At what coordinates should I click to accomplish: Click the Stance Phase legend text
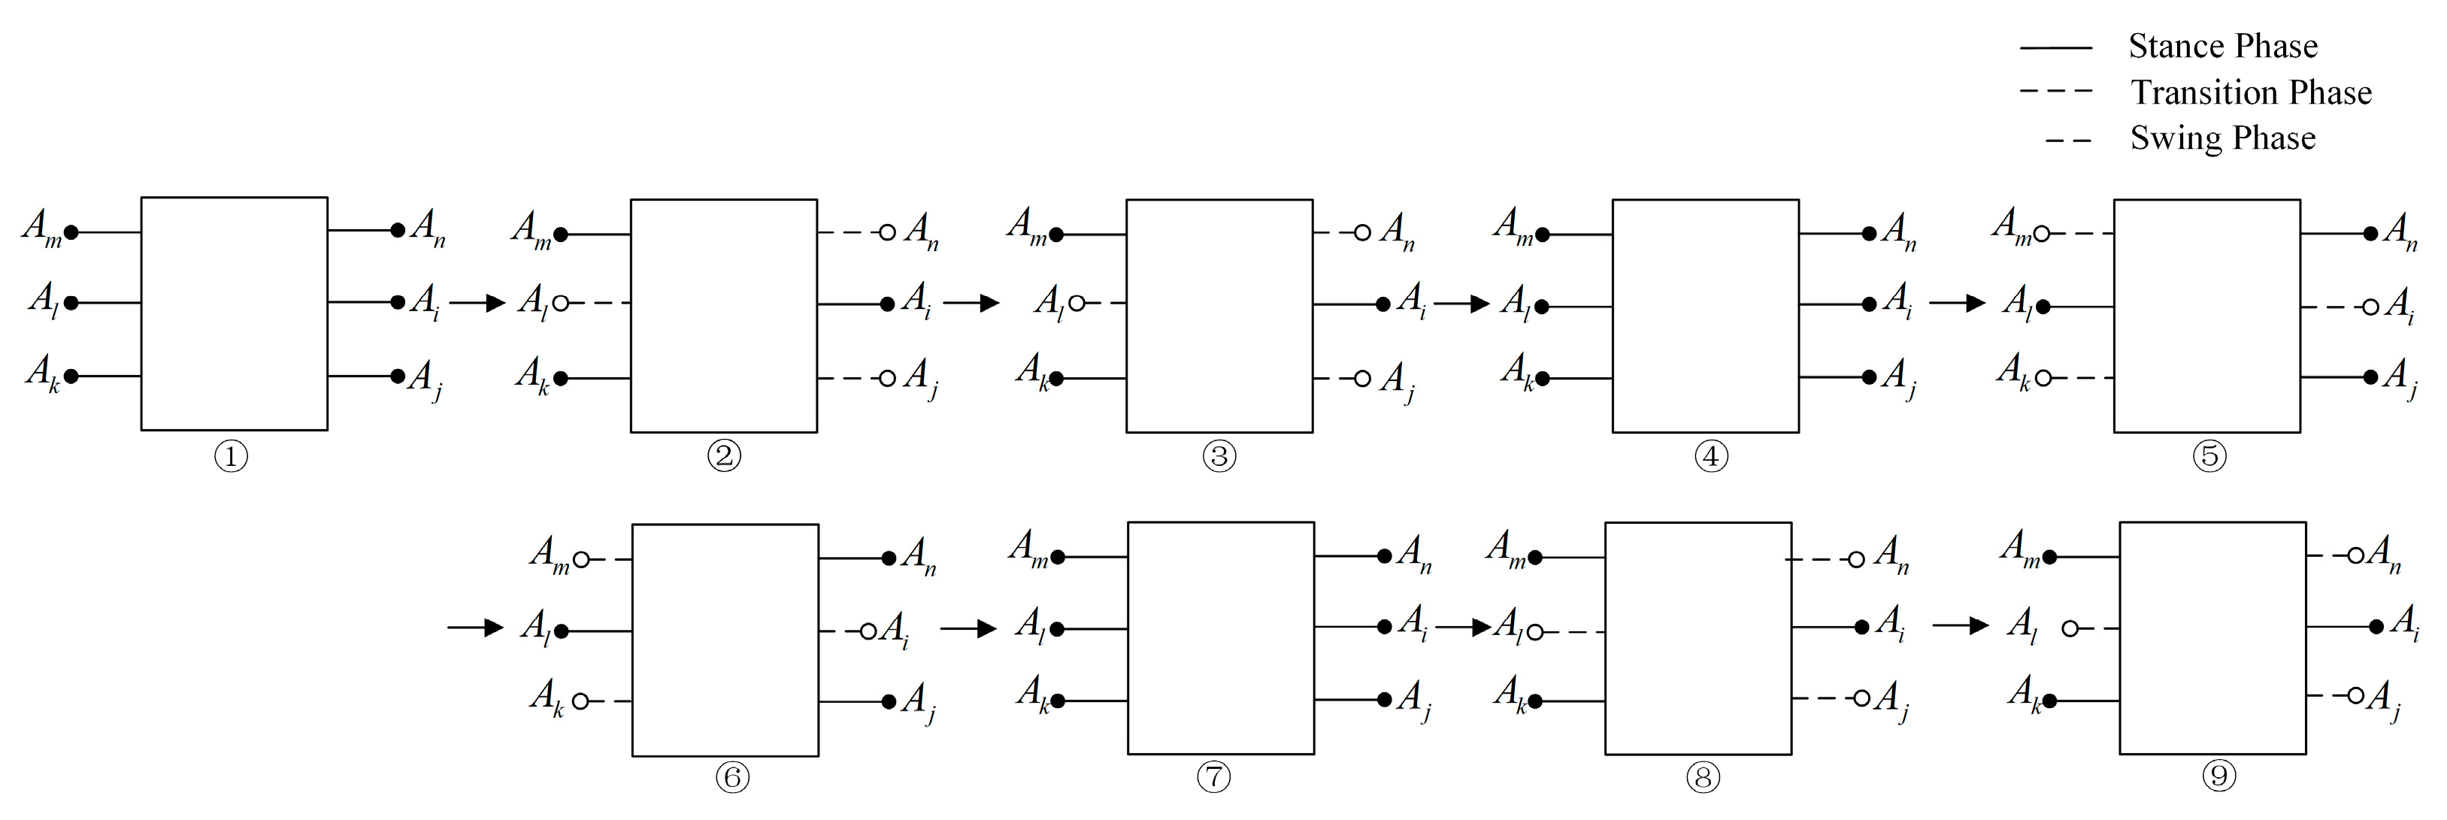[x=2222, y=46]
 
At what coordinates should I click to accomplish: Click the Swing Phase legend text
[x=2222, y=138]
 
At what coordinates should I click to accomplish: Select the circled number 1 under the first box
[x=231, y=457]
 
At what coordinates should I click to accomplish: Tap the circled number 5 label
[x=2209, y=456]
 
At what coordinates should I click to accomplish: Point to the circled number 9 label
[x=2219, y=776]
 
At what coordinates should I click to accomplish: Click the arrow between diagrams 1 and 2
[x=477, y=303]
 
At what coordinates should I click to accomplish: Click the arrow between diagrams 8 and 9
[x=1960, y=625]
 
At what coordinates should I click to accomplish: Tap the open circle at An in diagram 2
[x=887, y=231]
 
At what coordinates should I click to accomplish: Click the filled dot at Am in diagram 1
[x=71, y=231]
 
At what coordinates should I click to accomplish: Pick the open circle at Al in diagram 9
[x=2071, y=628]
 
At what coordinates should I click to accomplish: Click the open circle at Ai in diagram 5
[x=2370, y=307]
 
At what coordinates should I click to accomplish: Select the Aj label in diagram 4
[x=1899, y=377]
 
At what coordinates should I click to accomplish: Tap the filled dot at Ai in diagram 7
[x=1384, y=626]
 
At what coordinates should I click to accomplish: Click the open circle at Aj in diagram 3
[x=1362, y=378]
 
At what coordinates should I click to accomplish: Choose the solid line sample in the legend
[x=2055, y=47]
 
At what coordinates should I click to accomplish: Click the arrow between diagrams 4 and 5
[x=1957, y=303]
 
